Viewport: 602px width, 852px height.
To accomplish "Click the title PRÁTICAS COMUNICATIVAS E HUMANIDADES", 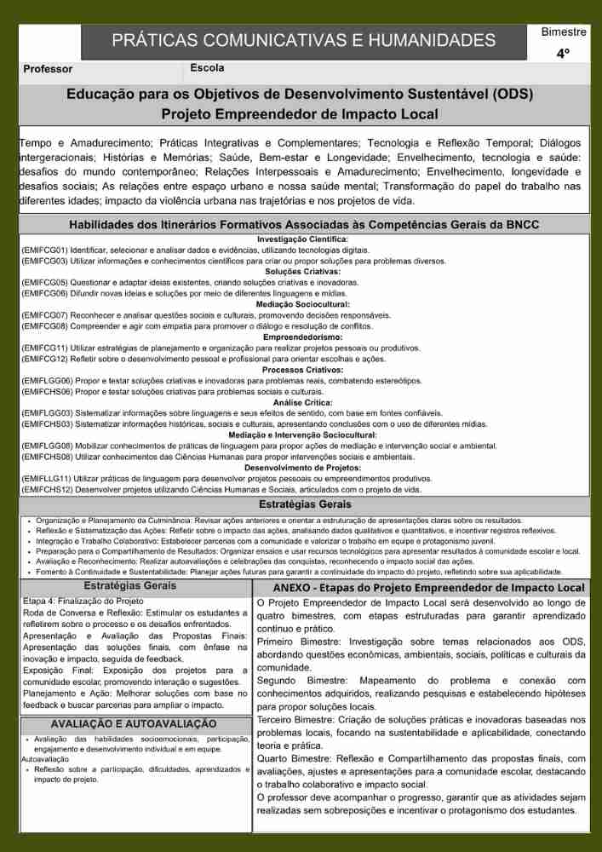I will point(303,40).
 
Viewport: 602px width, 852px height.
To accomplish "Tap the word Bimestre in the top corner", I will point(564,32).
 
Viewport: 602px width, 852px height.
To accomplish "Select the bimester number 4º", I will point(563,54).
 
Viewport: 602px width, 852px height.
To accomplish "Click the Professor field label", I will point(48,69).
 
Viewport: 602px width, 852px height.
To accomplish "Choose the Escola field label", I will point(208,67).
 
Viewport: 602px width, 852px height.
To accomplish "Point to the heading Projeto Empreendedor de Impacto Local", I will point(300,114).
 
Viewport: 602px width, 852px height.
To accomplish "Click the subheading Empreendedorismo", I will point(302,337).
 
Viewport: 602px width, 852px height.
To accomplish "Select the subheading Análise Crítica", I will point(302,402).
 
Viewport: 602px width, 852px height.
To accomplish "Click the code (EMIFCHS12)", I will point(45,490).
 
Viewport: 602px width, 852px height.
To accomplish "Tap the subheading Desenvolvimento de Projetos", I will point(302,468).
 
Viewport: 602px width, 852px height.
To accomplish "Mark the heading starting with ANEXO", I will point(429,588).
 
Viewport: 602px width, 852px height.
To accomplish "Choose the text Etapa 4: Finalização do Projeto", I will point(83,602).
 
